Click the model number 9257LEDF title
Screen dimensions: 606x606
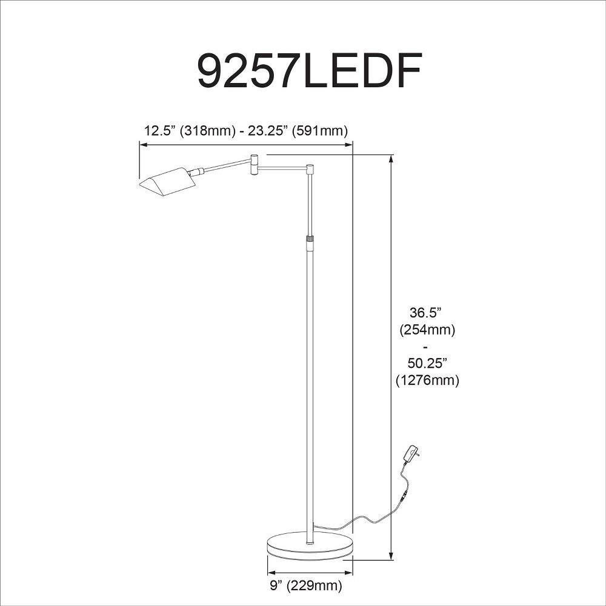click(309, 71)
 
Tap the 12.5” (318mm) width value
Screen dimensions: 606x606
click(189, 131)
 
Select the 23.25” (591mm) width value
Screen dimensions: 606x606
click(298, 131)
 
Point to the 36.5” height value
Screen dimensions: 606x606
click(426, 312)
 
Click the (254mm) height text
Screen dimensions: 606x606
click(427, 330)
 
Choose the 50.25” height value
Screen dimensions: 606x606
click(427, 363)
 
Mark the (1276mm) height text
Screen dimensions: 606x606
click(427, 381)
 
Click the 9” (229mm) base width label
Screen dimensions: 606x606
click(305, 585)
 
